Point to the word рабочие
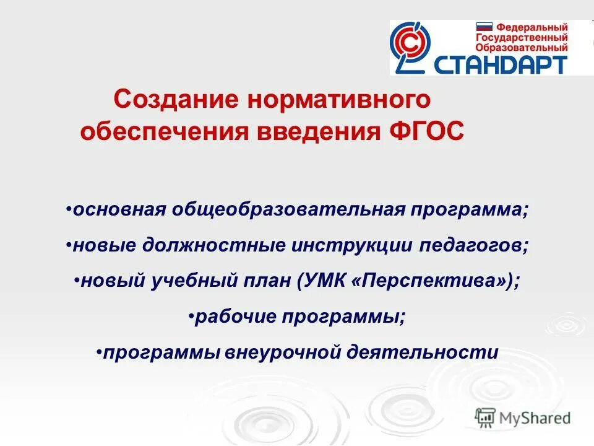click(x=235, y=317)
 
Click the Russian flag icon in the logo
click(x=483, y=27)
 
